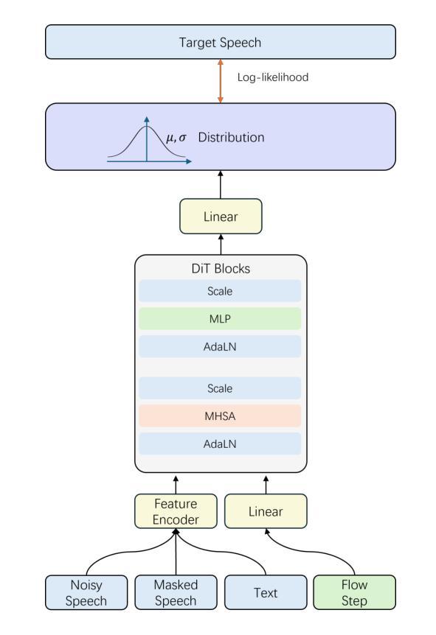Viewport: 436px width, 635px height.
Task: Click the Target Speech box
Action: [221, 42]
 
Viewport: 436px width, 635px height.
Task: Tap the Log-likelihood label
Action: [273, 77]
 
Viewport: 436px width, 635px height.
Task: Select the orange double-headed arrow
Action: [221, 81]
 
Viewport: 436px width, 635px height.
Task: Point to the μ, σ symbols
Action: [176, 138]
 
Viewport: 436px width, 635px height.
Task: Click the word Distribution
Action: [231, 137]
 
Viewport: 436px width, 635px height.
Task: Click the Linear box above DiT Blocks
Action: [221, 217]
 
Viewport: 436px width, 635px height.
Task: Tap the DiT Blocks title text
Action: [221, 268]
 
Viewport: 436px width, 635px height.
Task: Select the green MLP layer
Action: [220, 319]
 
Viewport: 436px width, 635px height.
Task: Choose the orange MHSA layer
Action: [220, 416]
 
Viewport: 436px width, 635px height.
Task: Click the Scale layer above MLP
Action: [220, 291]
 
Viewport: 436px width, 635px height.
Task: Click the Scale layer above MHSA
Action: [220, 388]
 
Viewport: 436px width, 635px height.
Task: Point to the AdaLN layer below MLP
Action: [220, 347]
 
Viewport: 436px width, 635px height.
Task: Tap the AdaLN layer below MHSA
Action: [220, 444]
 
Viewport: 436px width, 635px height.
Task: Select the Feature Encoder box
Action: [176, 511]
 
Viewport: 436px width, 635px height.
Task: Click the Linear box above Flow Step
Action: [266, 511]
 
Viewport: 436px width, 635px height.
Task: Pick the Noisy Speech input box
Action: [86, 592]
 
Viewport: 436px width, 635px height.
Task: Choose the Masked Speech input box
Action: [176, 592]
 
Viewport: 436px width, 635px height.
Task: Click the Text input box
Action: [266, 592]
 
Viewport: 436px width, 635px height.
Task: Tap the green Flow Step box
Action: [354, 592]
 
